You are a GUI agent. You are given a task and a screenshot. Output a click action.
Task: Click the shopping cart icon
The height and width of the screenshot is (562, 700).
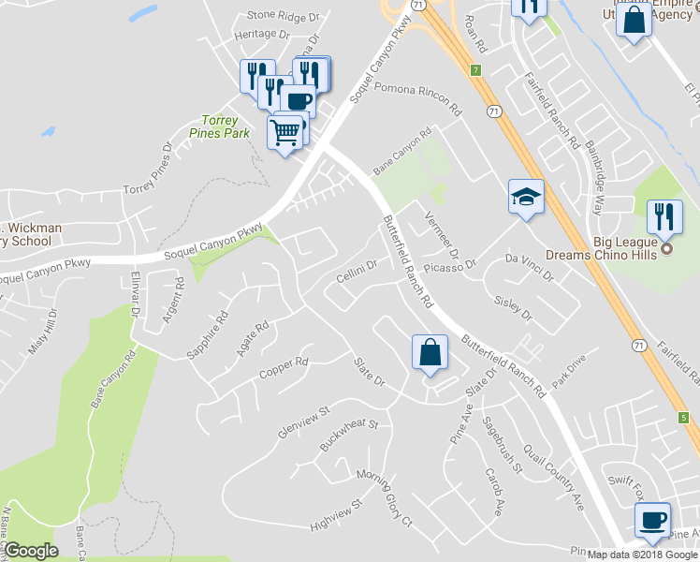point(285,130)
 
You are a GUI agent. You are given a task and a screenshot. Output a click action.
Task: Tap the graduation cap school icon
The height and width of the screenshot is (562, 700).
point(525,197)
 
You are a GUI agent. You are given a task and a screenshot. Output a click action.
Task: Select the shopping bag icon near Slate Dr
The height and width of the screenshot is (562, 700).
point(429,353)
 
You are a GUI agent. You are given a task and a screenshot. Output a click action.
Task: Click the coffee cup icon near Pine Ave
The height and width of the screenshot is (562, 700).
point(652,519)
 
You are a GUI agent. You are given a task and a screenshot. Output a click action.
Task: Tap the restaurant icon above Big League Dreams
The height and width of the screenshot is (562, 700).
point(664,217)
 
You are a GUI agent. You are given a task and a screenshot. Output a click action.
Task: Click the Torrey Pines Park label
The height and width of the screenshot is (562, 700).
point(226,127)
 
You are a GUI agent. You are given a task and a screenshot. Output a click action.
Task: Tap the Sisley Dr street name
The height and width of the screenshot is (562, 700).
point(513,308)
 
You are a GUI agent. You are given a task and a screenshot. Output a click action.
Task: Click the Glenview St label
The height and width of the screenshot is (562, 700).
point(305,422)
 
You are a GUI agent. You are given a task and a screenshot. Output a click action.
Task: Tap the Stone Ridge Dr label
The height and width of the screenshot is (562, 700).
point(284,16)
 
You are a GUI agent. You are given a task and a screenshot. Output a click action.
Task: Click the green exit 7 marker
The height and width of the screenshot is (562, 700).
point(475,70)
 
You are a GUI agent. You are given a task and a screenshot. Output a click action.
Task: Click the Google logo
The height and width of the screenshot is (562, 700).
point(31,550)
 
